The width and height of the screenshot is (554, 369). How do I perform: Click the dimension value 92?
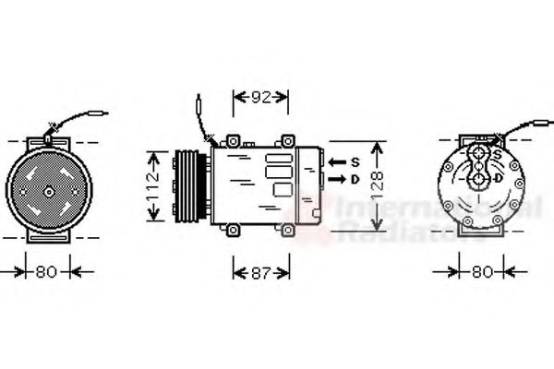(x=259, y=96)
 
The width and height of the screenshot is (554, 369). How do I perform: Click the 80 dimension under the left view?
(x=46, y=272)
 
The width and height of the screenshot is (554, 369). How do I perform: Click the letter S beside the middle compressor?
(x=355, y=159)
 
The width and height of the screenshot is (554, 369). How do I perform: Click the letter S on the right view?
(x=499, y=154)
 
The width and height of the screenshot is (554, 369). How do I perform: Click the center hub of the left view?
(x=47, y=193)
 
